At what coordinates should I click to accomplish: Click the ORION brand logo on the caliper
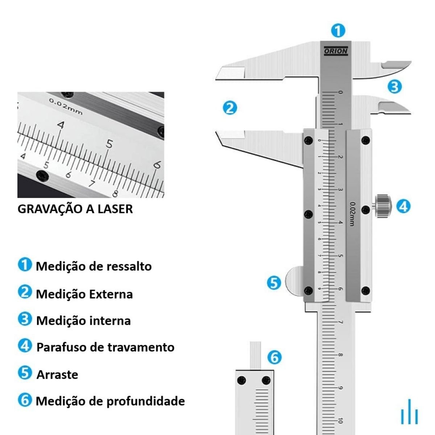pos(336,51)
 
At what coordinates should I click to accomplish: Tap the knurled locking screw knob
pos(383,206)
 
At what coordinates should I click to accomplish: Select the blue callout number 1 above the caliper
pos(338,31)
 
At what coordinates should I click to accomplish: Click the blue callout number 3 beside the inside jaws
pos(395,87)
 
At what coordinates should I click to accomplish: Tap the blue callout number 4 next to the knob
pos(403,206)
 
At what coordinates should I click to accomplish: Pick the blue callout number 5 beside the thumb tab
pos(274,283)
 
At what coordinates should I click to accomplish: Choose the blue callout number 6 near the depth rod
pos(274,357)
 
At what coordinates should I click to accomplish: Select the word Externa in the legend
pos(111,294)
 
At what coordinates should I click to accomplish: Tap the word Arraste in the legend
pos(57,375)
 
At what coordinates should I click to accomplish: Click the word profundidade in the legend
pos(146,402)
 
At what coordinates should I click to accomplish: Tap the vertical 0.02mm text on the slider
pos(352,214)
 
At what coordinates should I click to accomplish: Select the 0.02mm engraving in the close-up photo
pos(66,106)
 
